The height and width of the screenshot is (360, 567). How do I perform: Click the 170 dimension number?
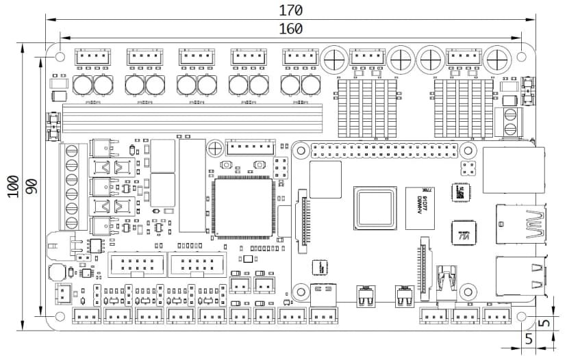click(290, 10)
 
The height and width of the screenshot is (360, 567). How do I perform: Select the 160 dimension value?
click(290, 28)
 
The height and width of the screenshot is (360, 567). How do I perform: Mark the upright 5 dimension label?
click(529, 338)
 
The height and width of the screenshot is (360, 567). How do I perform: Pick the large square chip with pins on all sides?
click(243, 207)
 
